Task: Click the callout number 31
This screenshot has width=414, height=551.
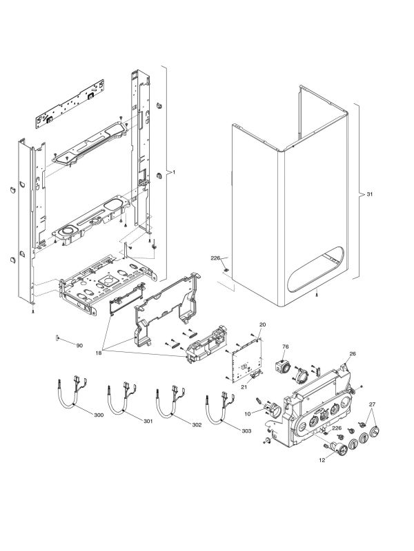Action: (369, 195)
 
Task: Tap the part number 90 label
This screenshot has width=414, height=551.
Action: (79, 345)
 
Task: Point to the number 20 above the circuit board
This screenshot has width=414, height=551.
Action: (262, 324)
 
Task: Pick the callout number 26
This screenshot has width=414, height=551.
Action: (352, 354)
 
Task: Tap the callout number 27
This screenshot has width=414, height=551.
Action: (373, 404)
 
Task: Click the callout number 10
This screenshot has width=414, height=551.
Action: (248, 413)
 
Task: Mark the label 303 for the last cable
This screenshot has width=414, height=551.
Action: (246, 430)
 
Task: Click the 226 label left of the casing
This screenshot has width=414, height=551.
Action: (215, 258)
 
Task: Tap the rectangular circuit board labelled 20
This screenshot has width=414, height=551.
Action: (246, 360)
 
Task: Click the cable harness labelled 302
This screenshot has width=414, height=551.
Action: (169, 403)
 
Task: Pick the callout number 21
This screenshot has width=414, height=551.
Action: (243, 388)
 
